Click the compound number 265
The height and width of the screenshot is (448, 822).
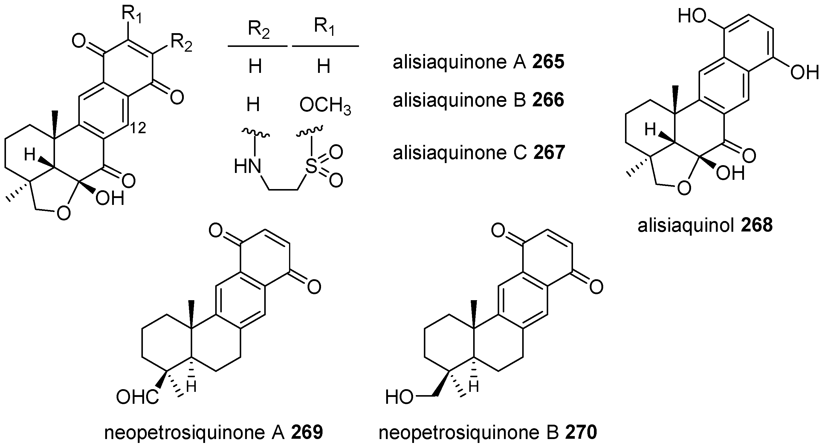point(548,62)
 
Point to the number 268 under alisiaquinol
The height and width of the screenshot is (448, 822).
point(757,225)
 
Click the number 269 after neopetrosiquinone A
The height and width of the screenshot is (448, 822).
point(307,433)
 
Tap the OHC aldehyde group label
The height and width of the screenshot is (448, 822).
point(137,398)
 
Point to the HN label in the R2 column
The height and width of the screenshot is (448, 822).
point(247,166)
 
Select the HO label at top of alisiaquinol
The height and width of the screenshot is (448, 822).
point(691,16)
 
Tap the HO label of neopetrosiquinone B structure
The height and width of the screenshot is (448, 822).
point(399,398)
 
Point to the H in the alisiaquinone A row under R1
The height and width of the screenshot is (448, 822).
point(323,67)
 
